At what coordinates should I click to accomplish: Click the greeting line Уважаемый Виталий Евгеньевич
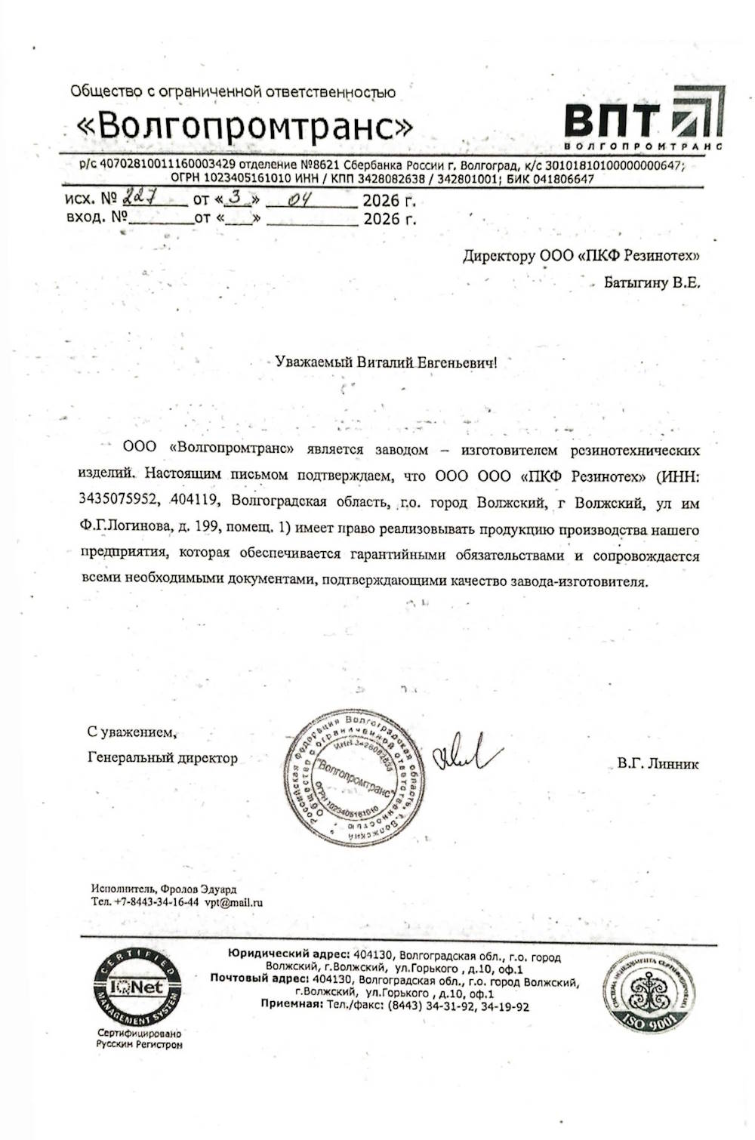point(387,362)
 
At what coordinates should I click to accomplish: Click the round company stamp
point(352,778)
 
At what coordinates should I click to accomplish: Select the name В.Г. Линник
point(658,763)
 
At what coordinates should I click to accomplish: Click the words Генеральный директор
point(162,758)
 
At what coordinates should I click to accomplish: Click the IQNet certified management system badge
point(137,987)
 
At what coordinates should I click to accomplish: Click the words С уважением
point(132,732)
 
